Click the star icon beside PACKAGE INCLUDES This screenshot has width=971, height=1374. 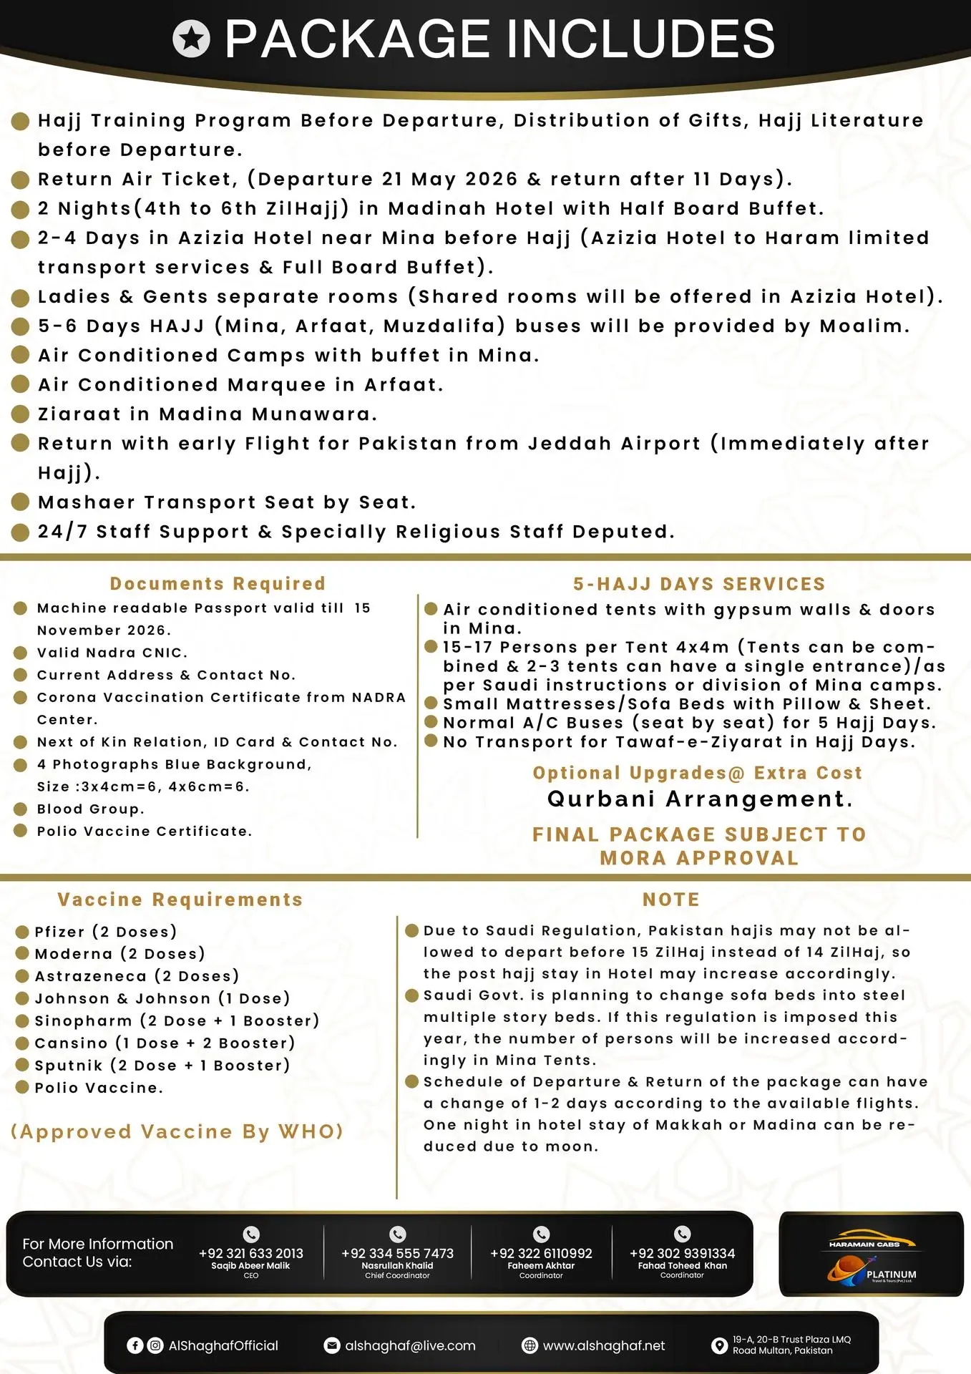pyautogui.click(x=191, y=39)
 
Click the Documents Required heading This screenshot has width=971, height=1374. pyautogui.click(x=218, y=584)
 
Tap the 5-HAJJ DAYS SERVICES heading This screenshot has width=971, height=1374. pyautogui.click(x=699, y=584)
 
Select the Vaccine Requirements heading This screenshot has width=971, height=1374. pyautogui.click(x=180, y=900)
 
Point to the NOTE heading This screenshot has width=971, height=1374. pyautogui.click(x=671, y=900)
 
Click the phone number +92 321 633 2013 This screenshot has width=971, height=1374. pyautogui.click(x=250, y=1253)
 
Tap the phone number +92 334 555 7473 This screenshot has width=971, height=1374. pyautogui.click(x=397, y=1253)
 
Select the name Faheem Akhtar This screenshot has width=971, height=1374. pyautogui.click(x=541, y=1265)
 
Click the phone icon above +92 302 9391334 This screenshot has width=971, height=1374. pyautogui.click(x=682, y=1234)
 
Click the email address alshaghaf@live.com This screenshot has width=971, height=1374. pyautogui.click(x=410, y=1345)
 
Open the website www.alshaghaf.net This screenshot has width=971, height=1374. pyautogui.click(x=604, y=1345)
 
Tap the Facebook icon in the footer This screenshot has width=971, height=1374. pyautogui.click(x=135, y=1345)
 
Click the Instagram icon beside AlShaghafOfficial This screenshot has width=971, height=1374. pyautogui.click(x=155, y=1345)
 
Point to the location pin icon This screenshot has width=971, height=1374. pyautogui.click(x=719, y=1345)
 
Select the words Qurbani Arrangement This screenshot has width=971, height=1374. pyautogui.click(x=700, y=799)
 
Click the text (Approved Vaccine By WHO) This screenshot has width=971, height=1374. pyautogui.click(x=177, y=1131)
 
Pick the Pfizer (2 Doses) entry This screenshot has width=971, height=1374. pyautogui.click(x=106, y=932)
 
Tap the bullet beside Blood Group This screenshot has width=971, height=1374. pyautogui.click(x=21, y=809)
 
